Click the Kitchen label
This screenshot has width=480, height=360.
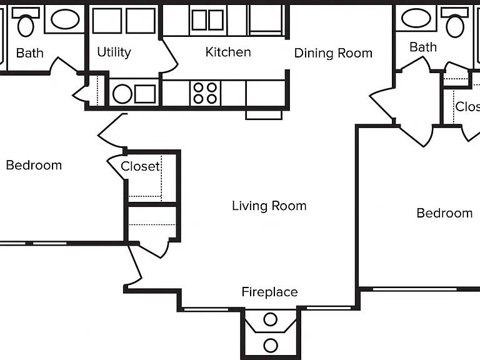tap(228, 52)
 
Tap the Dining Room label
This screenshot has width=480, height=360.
tap(333, 53)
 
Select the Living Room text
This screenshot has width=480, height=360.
tap(269, 206)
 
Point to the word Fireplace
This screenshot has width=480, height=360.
tap(269, 292)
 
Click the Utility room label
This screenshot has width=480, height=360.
tap(114, 52)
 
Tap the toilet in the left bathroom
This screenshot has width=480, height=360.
tap(26, 22)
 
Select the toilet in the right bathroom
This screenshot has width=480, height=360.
tap(454, 22)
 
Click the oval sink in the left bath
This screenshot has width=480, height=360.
tap(65, 19)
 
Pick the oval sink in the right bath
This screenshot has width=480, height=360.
tap(416, 18)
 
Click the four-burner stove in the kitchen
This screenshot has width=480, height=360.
tap(205, 93)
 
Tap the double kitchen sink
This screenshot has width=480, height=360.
tap(208, 20)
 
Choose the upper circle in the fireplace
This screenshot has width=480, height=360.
tap(270, 319)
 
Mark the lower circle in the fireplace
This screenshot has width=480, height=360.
tap(270, 346)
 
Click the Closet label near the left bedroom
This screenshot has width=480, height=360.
tap(140, 166)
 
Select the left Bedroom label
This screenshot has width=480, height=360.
tap(34, 165)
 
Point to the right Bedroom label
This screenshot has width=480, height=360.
tap(444, 213)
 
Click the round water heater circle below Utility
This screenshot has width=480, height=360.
tap(122, 94)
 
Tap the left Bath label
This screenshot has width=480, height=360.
tap(30, 53)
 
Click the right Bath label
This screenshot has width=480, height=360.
tap(423, 47)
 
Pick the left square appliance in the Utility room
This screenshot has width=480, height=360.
tap(107, 21)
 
